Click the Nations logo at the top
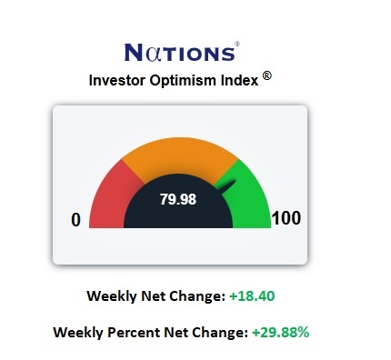[180, 51]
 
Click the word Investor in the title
[120, 80]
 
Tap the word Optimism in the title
[188, 80]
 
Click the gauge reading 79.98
[178, 198]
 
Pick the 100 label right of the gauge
[286, 219]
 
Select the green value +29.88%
[279, 332]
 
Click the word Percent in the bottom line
[136, 332]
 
